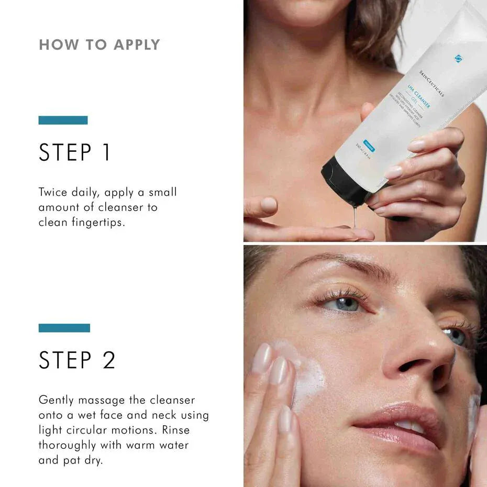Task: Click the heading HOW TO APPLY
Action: pyautogui.click(x=99, y=45)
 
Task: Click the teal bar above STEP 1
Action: pyautogui.click(x=63, y=120)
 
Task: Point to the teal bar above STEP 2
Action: pyautogui.click(x=64, y=328)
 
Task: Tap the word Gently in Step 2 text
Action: pyautogui.click(x=57, y=400)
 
